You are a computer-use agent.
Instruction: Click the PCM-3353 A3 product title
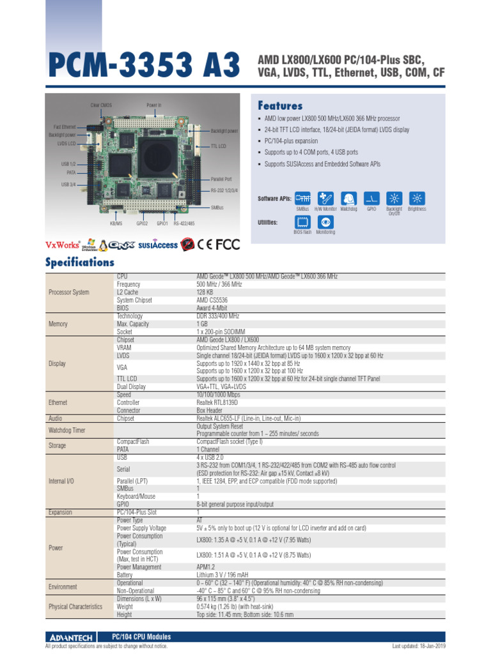pos(143,65)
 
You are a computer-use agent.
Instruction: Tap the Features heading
pos(280,105)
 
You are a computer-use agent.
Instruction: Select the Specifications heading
pos(80,262)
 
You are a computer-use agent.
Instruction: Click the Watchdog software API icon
pos(348,198)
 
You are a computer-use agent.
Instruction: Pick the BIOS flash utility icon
pos(302,222)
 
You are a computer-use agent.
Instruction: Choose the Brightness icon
pos(417,198)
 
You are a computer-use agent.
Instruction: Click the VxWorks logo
pos(62,245)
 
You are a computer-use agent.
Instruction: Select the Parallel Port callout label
pos(221,179)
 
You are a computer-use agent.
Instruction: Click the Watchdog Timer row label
pos(66,430)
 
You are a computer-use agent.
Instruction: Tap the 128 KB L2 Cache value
pos(205,292)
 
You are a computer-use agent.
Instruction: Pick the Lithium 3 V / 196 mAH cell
pos(222,575)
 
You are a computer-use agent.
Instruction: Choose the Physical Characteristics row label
pos(75,607)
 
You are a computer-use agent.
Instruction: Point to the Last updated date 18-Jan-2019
pos(419,646)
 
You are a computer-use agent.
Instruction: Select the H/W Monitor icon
pos(325,198)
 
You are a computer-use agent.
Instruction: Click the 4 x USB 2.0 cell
pos(210,457)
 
